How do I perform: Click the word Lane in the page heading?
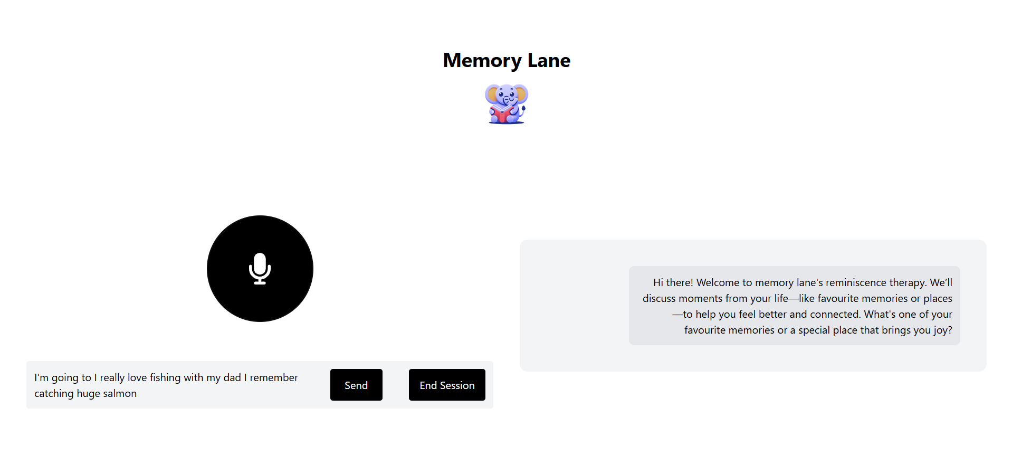(549, 61)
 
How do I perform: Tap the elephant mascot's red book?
(501, 113)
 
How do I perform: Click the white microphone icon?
(260, 268)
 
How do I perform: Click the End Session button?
(447, 385)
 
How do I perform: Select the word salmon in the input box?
(120, 394)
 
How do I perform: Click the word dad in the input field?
(232, 378)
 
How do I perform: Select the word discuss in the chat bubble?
(659, 299)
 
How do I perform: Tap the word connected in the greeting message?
(835, 315)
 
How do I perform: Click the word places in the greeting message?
(938, 299)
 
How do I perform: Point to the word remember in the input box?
(274, 378)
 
